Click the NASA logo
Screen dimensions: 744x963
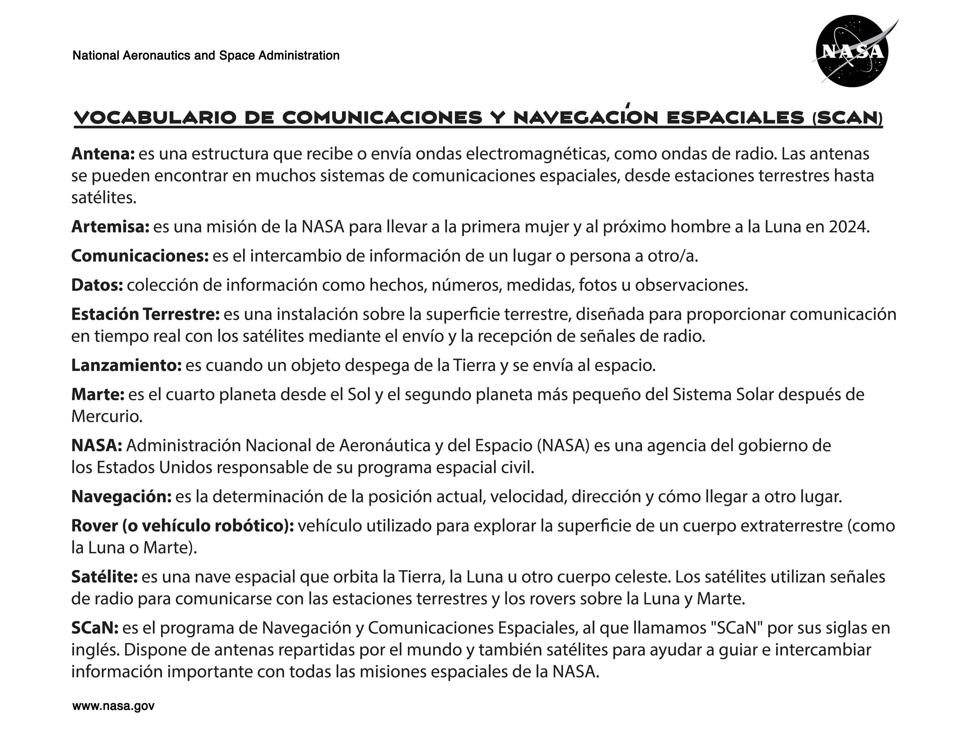click(x=852, y=51)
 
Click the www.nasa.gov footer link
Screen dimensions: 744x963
click(x=113, y=706)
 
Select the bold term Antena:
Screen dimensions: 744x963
click(x=103, y=154)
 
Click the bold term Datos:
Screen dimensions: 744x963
click(x=97, y=285)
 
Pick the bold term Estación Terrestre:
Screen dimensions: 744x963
click(x=145, y=314)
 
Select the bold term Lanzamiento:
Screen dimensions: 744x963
click(x=126, y=365)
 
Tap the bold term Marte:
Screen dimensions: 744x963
click(x=98, y=394)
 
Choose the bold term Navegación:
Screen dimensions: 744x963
click(x=121, y=497)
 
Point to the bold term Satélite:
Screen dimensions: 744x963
click(x=104, y=577)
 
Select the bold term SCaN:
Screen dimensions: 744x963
click(x=95, y=628)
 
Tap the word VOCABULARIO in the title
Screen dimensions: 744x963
click(x=155, y=118)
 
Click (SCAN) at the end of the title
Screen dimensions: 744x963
click(x=847, y=118)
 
